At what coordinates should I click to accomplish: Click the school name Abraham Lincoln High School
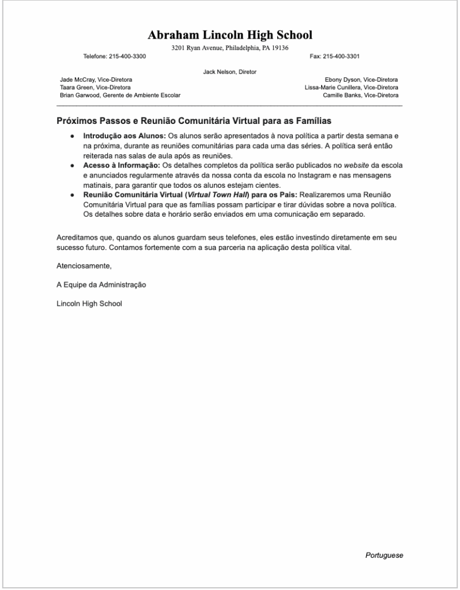[x=229, y=35]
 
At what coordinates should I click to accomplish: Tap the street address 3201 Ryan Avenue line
[x=229, y=48]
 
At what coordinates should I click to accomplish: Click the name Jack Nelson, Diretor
[x=229, y=72]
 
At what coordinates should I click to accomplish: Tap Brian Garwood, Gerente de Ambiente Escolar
[x=120, y=95]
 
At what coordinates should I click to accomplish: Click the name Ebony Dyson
[x=342, y=80]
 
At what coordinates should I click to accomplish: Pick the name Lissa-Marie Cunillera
[x=333, y=88]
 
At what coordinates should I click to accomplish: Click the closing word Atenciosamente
[x=84, y=266]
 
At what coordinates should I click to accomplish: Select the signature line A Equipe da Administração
[x=101, y=285]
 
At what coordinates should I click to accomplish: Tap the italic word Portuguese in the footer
[x=384, y=555]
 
